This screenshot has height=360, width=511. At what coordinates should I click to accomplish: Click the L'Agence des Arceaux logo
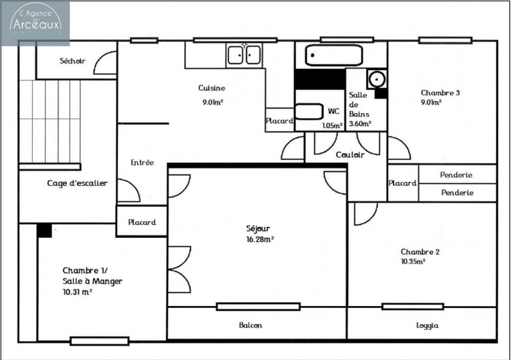click(35, 22)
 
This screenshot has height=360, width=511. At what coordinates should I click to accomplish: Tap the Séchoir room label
click(72, 61)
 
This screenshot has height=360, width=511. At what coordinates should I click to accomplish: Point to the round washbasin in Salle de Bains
click(377, 79)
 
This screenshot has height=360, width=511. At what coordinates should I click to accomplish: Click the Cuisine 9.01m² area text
click(213, 102)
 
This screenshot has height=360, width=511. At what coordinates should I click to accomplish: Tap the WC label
click(334, 111)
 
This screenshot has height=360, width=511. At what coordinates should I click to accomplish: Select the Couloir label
click(350, 155)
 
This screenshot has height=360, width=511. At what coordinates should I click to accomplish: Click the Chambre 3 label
click(440, 93)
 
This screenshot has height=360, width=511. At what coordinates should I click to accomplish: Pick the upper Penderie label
click(457, 175)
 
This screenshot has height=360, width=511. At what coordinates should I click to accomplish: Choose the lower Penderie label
click(457, 192)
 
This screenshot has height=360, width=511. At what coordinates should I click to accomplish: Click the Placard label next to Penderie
click(403, 183)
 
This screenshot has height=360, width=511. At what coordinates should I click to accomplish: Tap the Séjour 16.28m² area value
click(260, 239)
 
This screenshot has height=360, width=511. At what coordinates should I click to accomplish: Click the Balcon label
click(250, 326)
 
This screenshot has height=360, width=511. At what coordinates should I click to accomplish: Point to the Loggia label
click(427, 326)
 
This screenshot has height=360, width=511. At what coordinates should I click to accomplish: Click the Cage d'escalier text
click(77, 183)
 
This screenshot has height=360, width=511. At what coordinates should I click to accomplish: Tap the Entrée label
click(142, 163)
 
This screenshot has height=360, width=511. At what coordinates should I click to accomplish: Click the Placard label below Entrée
click(142, 222)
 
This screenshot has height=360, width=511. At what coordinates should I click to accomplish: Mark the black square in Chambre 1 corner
click(44, 230)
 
